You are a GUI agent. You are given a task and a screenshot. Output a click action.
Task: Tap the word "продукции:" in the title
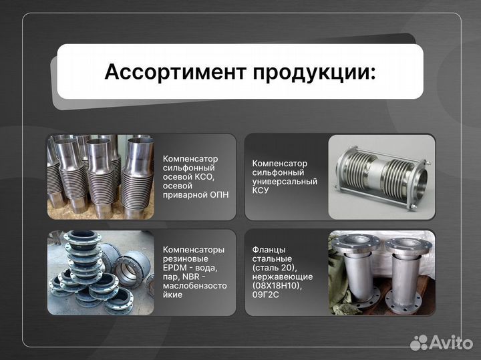point(314,72)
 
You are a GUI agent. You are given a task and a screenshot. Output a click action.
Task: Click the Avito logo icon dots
point(419,342)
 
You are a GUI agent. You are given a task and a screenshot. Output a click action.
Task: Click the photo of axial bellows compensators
point(100,177)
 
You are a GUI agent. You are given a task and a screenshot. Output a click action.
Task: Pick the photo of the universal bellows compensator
point(382,177)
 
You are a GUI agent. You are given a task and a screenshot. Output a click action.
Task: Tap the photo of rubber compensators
point(100,272)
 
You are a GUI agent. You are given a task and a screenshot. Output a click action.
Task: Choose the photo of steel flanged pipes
point(382,272)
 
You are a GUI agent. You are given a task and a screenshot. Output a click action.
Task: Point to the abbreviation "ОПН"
point(215,195)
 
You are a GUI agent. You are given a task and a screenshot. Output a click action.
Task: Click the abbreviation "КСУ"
point(261,190)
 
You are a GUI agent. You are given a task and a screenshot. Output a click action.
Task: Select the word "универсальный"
point(285,181)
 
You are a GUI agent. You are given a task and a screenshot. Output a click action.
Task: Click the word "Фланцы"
point(269,249)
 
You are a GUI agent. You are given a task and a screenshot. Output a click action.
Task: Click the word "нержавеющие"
point(283,277)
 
